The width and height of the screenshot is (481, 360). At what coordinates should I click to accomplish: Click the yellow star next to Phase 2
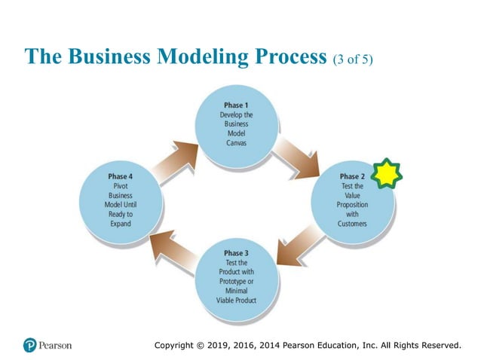point(387,174)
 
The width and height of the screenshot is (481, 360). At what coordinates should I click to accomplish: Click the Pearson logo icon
point(30,345)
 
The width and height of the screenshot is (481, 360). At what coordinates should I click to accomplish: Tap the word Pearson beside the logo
point(57,346)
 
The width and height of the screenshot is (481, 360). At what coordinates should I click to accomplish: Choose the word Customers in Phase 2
point(352,224)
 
